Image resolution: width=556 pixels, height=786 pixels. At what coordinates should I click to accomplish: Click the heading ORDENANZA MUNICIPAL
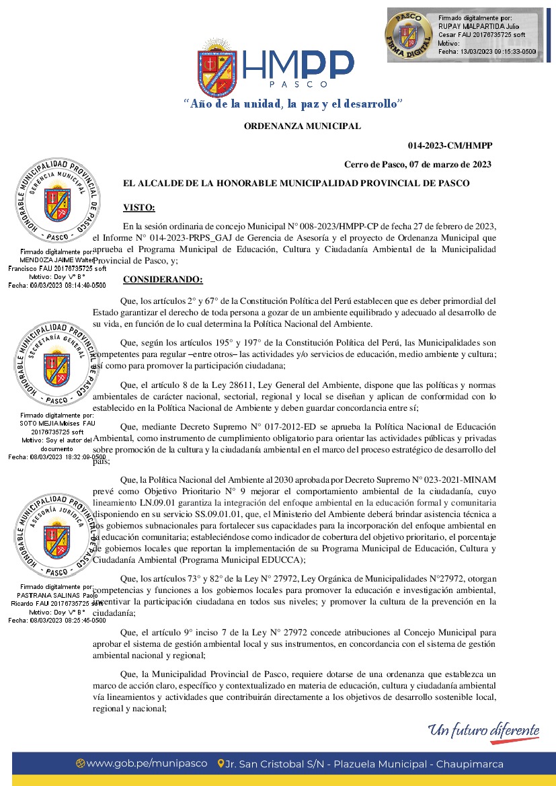[302, 126]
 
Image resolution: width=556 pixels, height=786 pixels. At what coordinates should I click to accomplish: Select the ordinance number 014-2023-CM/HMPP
[449, 145]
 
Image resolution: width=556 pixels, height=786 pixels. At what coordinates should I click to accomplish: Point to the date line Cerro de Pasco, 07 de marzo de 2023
[418, 164]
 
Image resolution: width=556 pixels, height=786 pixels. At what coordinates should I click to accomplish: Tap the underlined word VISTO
[139, 208]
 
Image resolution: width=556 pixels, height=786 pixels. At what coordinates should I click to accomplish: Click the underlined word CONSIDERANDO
[163, 279]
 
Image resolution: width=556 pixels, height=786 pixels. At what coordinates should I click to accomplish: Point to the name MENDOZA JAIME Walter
[56, 260]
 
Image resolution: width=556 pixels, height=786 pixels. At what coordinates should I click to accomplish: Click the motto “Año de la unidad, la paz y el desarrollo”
[293, 104]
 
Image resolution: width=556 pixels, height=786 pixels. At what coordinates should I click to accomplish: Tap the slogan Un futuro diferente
[485, 730]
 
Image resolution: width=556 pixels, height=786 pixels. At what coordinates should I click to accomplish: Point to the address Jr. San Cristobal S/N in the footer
[275, 764]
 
